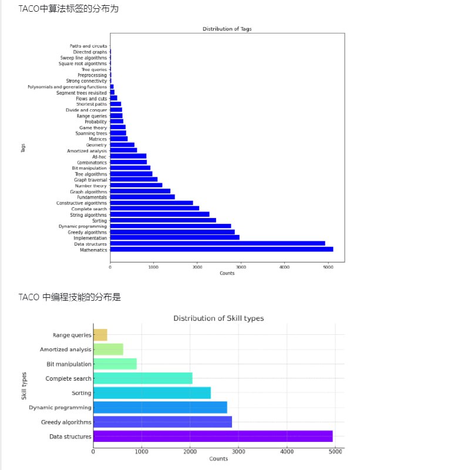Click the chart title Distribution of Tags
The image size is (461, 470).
[227, 29]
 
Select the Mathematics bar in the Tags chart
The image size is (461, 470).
[221, 249]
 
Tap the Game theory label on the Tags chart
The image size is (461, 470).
[93, 127]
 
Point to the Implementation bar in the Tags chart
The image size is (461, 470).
[174, 237]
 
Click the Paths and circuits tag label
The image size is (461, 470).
[89, 46]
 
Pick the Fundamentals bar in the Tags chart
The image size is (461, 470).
[142, 197]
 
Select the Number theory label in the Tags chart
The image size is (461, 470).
[91, 186]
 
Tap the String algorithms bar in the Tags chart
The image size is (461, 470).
[159, 214]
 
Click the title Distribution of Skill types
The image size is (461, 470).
[218, 318]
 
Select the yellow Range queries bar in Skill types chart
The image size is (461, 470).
[100, 335]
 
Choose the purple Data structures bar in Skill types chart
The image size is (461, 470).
[213, 436]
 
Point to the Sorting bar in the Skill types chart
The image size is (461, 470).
[152, 393]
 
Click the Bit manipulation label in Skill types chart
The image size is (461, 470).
[69, 364]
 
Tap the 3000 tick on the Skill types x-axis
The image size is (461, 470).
[238, 451]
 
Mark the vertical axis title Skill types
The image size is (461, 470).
[25, 385]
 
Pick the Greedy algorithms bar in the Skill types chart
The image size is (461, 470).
[162, 422]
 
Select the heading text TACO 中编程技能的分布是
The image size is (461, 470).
[70, 297]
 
